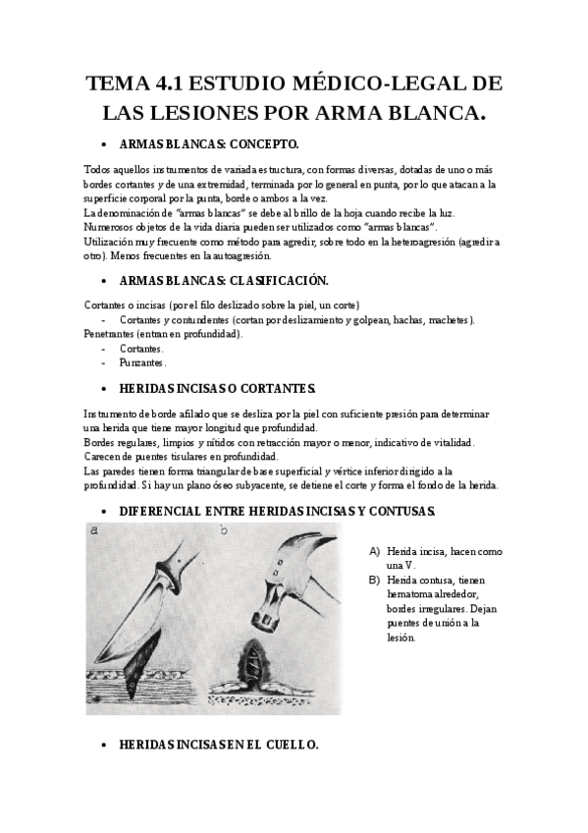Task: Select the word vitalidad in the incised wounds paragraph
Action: point(449,443)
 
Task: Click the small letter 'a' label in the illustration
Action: point(94,530)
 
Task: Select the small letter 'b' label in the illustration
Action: point(225,531)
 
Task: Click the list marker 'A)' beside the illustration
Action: point(374,552)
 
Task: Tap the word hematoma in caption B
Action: point(411,594)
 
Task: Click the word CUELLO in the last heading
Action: point(292,747)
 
